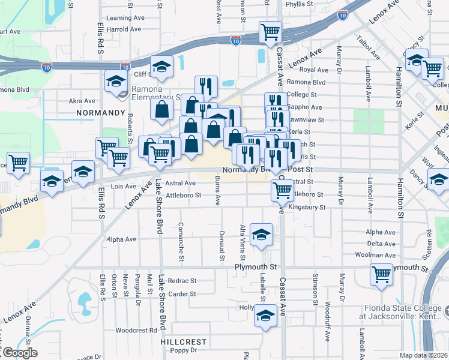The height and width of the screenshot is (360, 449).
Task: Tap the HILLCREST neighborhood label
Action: (x=184, y=342)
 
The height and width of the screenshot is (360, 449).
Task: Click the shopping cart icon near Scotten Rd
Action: (x=381, y=274)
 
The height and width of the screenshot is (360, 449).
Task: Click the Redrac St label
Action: (x=182, y=280)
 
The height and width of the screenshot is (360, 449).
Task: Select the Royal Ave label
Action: (x=313, y=70)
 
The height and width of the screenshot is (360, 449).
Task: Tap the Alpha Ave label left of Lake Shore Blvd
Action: (x=122, y=239)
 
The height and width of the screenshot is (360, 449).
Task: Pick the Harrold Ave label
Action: (x=125, y=29)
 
